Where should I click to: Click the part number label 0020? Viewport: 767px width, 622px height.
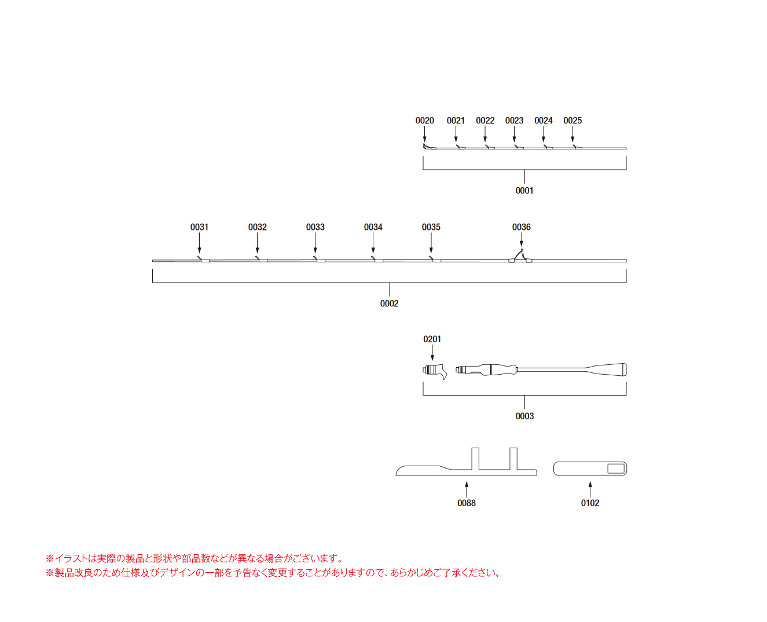point(424,120)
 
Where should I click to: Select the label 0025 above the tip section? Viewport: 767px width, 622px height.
point(573,120)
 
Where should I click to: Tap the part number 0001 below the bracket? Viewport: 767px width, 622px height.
point(524,191)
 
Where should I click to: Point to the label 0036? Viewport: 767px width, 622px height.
point(522,227)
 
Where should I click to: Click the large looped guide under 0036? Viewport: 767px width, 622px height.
point(520,256)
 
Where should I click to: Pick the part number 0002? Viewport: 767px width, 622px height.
point(389,303)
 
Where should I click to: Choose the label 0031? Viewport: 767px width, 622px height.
point(199,227)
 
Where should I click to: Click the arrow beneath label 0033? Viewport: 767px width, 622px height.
point(315,243)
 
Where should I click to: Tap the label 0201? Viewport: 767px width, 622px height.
point(432,339)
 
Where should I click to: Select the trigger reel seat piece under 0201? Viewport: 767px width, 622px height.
point(434,371)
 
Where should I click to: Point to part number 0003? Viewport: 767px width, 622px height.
point(524,416)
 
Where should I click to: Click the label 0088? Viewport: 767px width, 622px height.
point(467,503)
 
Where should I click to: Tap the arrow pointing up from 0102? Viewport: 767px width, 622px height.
point(590,490)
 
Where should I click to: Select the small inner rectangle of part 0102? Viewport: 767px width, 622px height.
point(616,469)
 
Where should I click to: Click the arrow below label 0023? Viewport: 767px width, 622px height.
point(514,134)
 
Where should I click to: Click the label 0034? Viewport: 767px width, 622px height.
point(373,227)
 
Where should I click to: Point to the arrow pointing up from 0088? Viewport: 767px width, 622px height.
point(467,490)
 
